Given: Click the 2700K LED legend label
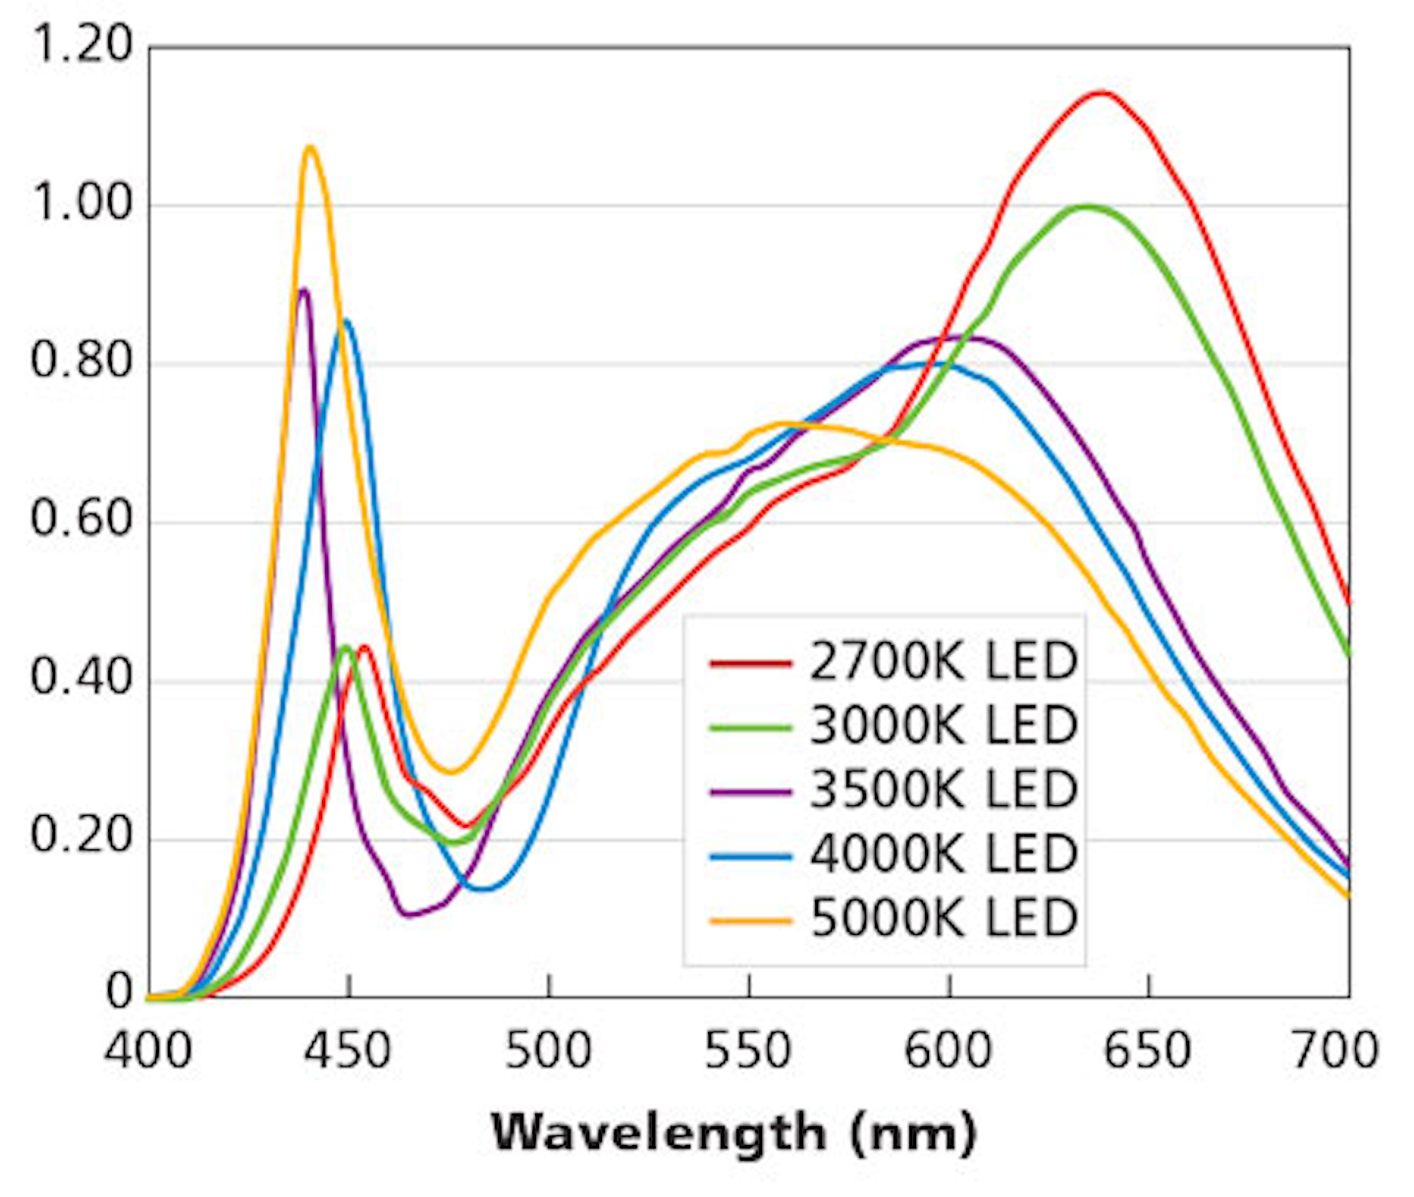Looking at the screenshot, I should click(943, 662).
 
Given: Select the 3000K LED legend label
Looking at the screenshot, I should click(943, 726).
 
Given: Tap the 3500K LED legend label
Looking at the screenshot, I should click(943, 789).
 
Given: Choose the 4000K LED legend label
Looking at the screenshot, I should click(943, 853).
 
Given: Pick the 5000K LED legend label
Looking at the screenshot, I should click(943, 918).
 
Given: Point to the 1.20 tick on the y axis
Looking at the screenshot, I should click(81, 45).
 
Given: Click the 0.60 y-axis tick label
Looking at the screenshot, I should click(81, 519).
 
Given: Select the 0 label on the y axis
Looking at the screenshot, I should click(119, 993).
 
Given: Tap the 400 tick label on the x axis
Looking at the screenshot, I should click(148, 1051).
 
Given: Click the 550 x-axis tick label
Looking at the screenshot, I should click(747, 1051).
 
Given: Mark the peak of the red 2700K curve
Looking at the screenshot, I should click(1101, 93).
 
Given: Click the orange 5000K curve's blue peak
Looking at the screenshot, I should click(310, 147).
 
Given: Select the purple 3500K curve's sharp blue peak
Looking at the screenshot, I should click(303, 290).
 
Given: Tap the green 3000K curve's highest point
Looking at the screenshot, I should click(1086, 206).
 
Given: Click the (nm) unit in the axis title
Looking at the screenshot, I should click(913, 1132).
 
